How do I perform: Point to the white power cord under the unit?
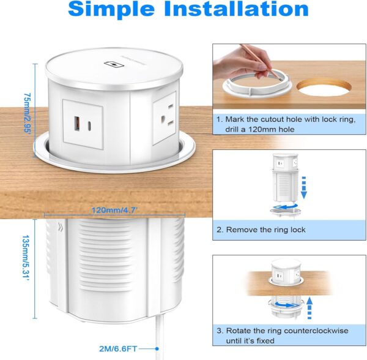click(x=158, y=342)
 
